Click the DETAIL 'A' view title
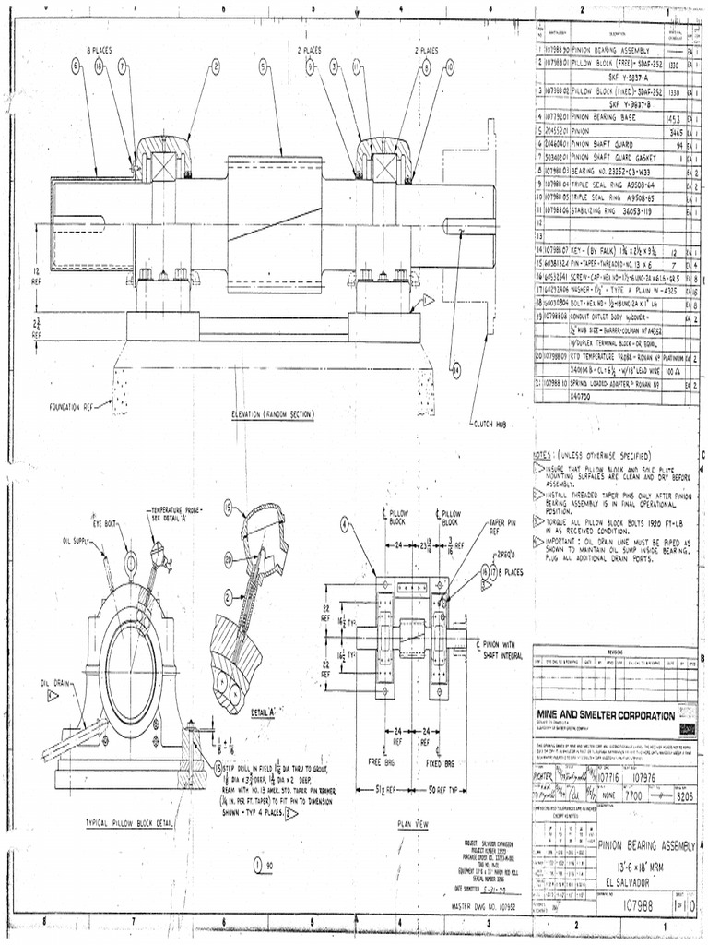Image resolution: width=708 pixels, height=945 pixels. coord(265,713)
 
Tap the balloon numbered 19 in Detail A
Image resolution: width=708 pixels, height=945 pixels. coord(227,508)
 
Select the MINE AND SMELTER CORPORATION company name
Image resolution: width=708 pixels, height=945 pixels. coord(606,715)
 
